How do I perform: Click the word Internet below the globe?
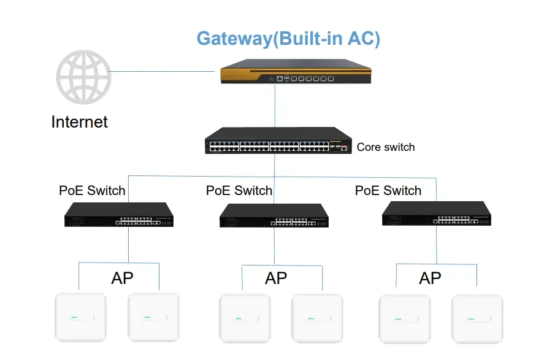(x=79, y=121)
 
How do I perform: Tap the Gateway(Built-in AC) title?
(x=288, y=38)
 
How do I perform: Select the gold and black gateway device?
(x=296, y=72)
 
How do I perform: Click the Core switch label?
(x=386, y=147)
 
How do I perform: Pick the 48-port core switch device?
(x=278, y=140)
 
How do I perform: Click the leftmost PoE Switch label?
(x=92, y=190)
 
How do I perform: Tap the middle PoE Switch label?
(x=239, y=190)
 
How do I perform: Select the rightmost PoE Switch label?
(x=388, y=190)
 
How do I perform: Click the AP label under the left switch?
(x=122, y=278)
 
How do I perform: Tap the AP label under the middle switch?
(x=276, y=278)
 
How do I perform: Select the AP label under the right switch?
(x=430, y=278)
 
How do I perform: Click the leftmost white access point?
(x=80, y=318)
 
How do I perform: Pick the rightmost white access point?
(x=477, y=319)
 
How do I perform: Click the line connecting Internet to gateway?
(x=166, y=71)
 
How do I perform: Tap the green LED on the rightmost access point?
(x=471, y=319)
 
